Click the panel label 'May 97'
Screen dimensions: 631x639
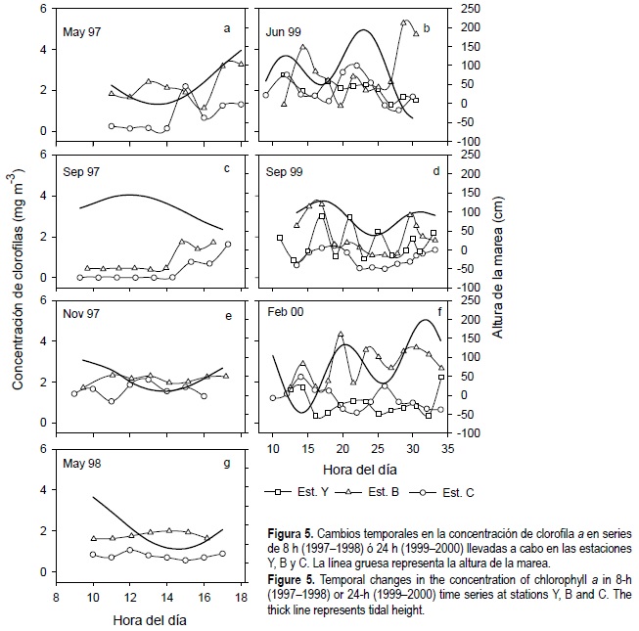pyautogui.click(x=81, y=32)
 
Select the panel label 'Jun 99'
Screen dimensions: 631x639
pyautogui.click(x=285, y=32)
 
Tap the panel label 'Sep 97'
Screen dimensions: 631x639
pyautogui.click(x=81, y=170)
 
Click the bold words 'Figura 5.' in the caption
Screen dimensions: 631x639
pyautogui.click(x=291, y=532)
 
